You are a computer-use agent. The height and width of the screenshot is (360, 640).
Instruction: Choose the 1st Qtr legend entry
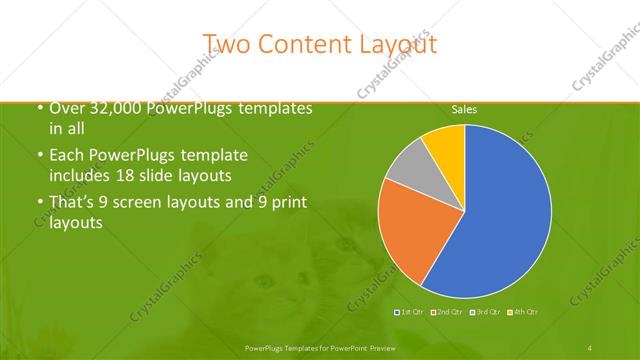[412, 313]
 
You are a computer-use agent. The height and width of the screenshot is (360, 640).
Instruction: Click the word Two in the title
[228, 44]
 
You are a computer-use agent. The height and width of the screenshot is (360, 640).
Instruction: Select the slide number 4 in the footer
[589, 347]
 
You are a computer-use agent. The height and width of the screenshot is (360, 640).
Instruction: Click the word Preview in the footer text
[377, 347]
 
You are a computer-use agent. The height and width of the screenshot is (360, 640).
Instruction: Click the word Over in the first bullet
[66, 108]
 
